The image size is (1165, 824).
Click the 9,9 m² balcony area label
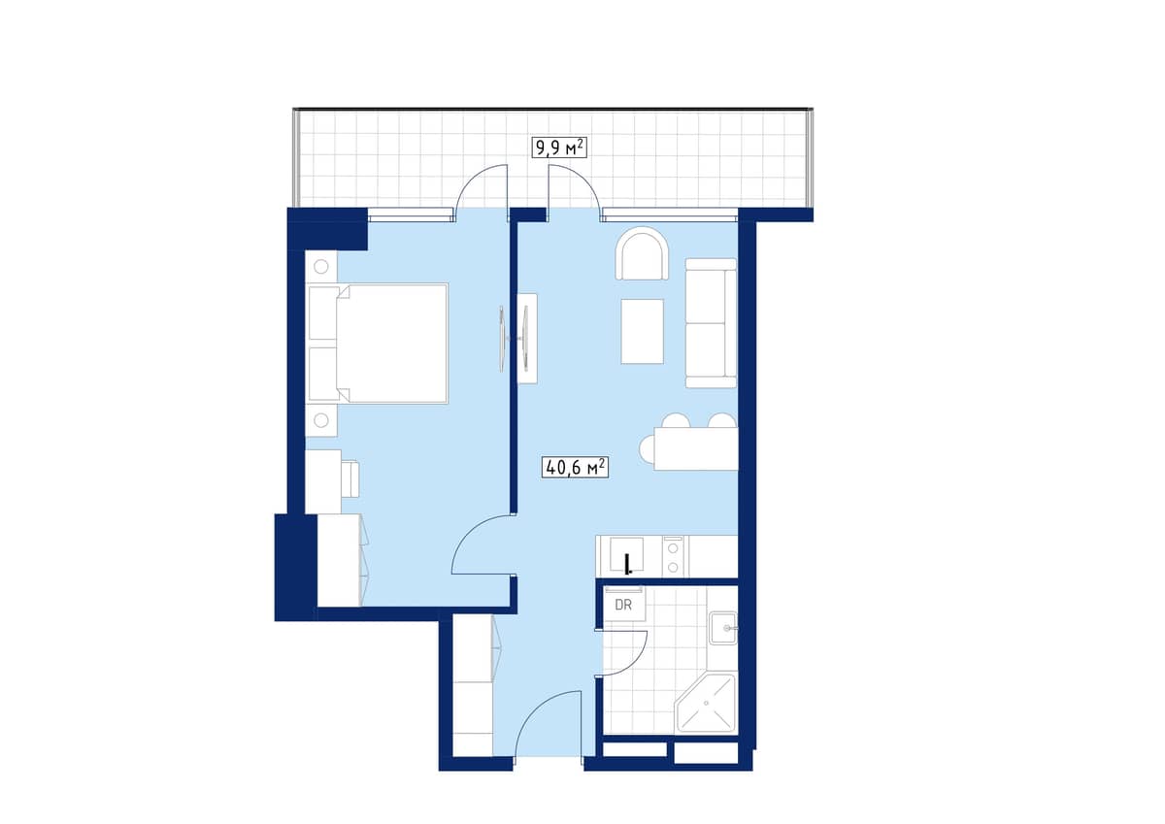point(559,148)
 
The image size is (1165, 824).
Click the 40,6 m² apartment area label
point(576,468)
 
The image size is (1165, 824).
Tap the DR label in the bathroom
point(624,604)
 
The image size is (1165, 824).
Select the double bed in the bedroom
point(379,343)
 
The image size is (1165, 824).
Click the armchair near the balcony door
point(643,254)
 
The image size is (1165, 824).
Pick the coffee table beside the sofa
point(642,331)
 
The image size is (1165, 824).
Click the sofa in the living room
point(711,322)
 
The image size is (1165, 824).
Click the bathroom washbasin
point(723,629)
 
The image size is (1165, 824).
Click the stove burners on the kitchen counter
point(673,556)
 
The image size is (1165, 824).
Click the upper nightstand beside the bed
point(321,266)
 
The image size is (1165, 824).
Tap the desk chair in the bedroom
point(350,478)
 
